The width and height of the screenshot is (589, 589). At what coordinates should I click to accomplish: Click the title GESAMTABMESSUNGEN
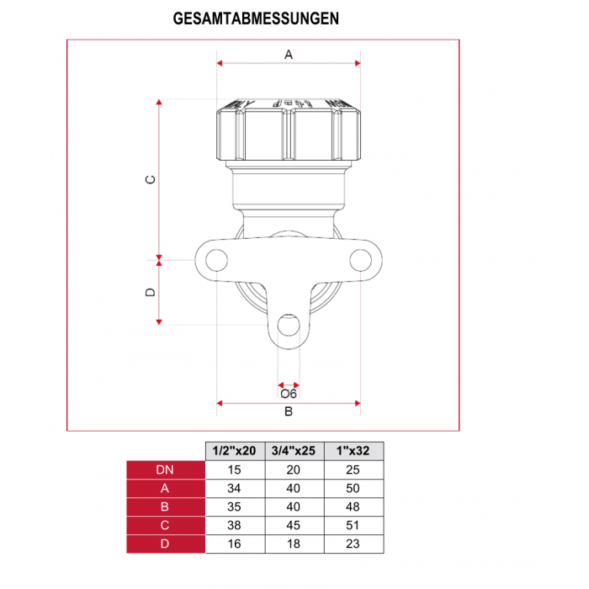point(256,18)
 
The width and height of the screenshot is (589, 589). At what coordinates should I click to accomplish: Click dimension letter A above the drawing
point(289,55)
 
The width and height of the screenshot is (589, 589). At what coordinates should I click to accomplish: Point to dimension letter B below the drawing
point(289,411)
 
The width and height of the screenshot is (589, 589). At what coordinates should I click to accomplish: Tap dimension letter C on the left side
point(151,180)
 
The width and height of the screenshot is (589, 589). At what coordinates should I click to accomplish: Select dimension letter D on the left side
point(151,291)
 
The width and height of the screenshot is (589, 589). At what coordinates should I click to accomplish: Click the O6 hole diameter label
point(289,393)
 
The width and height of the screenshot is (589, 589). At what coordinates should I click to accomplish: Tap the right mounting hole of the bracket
point(359,258)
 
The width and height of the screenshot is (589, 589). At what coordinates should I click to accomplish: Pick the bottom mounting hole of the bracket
point(289,328)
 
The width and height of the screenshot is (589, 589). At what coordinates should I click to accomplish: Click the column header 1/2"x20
point(236,451)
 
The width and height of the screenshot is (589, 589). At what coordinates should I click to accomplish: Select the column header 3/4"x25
point(294,451)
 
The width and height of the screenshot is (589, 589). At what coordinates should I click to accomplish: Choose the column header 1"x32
point(353,451)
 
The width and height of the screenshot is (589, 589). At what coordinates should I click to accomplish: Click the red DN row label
point(165,470)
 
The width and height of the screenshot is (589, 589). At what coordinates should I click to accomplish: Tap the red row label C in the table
point(165,525)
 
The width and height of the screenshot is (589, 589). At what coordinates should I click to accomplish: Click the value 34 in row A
point(236,488)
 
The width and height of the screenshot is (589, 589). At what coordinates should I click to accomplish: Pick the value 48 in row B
point(353,507)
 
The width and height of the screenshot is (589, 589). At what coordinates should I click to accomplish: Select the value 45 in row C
point(294,525)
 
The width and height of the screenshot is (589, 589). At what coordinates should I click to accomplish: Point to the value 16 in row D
point(236,544)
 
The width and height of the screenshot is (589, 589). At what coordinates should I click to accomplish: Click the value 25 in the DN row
point(353,470)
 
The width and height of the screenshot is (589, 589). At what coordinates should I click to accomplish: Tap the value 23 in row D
point(353,544)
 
